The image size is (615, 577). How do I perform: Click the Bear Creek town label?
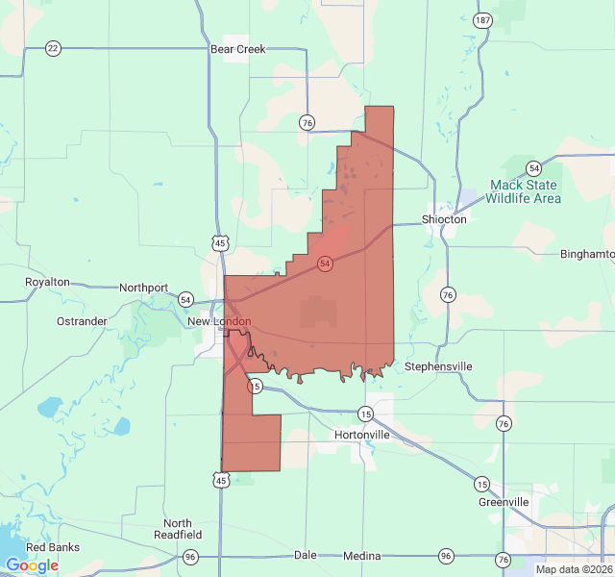[x=237, y=48]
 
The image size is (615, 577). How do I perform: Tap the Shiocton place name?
[x=444, y=219]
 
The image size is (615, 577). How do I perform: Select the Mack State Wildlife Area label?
[x=525, y=191]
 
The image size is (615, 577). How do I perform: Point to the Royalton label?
[x=47, y=282]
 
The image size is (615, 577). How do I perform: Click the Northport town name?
[x=144, y=288]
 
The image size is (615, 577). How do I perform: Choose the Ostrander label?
[x=82, y=320]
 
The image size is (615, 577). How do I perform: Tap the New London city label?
[x=219, y=321]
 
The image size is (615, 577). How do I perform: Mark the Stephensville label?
[x=438, y=366]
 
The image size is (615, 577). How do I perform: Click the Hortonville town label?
[x=362, y=435]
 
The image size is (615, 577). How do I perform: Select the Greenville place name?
[x=504, y=502]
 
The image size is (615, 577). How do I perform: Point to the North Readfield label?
[x=183, y=529]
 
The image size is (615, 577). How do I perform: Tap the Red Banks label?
[x=52, y=547]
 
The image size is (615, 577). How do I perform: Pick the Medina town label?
[x=362, y=556]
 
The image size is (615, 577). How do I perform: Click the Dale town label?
[x=305, y=555]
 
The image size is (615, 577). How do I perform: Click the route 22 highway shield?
[x=53, y=48]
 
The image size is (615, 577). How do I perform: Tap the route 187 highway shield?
[x=482, y=20]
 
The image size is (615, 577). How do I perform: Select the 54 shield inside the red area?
[x=326, y=263]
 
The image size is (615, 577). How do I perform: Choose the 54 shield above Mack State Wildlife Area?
[x=533, y=167]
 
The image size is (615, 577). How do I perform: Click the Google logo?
[x=32, y=565]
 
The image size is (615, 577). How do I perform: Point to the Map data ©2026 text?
[x=574, y=569]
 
